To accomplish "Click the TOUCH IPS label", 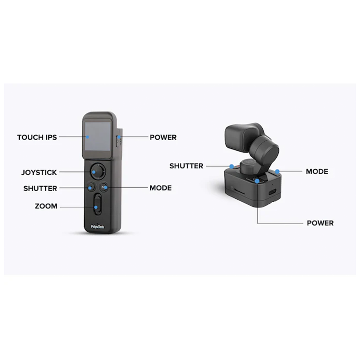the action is [37, 137].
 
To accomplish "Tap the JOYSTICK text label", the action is [39, 172].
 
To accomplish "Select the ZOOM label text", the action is [46, 206].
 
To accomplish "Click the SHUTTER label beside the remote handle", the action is [40, 188].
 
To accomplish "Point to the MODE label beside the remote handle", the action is [160, 188].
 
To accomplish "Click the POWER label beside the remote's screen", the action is [163, 137].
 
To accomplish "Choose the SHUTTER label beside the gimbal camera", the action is [186, 166].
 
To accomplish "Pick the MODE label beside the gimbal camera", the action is [317, 172].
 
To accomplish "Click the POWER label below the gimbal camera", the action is [320, 223].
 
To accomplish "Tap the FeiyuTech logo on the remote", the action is [98, 227].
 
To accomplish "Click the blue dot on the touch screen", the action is [88, 137].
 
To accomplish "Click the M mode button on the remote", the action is [104, 187].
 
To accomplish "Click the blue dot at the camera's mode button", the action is [277, 172].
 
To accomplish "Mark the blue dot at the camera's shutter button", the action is [232, 166].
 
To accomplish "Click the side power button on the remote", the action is [118, 141].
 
